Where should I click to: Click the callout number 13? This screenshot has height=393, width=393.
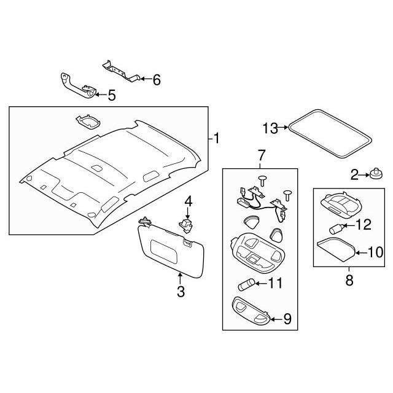tap(270, 128)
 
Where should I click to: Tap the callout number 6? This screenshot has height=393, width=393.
tap(157, 80)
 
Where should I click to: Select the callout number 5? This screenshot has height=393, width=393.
tap(112, 96)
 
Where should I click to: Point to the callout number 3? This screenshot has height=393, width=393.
tap(181, 292)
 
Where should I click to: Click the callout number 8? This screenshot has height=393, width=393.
tap(349, 280)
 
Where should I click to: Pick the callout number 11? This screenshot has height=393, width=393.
tap(275, 283)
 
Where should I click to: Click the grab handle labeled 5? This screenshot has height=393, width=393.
tap(78, 86)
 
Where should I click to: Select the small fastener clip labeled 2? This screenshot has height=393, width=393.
tap(376, 174)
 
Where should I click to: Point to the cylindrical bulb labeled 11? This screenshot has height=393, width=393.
tap(246, 286)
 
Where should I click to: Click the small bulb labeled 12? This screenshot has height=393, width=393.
tap(336, 228)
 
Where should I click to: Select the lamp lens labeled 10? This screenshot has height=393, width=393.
tap(336, 250)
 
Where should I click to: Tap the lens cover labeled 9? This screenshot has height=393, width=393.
tap(251, 310)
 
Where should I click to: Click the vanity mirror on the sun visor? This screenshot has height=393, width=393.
tap(164, 251)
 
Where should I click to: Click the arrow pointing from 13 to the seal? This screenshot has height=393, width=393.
tap(283, 127)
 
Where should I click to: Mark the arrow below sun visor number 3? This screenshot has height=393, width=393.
tap(180, 278)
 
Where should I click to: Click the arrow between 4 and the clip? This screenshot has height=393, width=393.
tap(188, 213)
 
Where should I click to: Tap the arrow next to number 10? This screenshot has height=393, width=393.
tap(361, 253)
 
